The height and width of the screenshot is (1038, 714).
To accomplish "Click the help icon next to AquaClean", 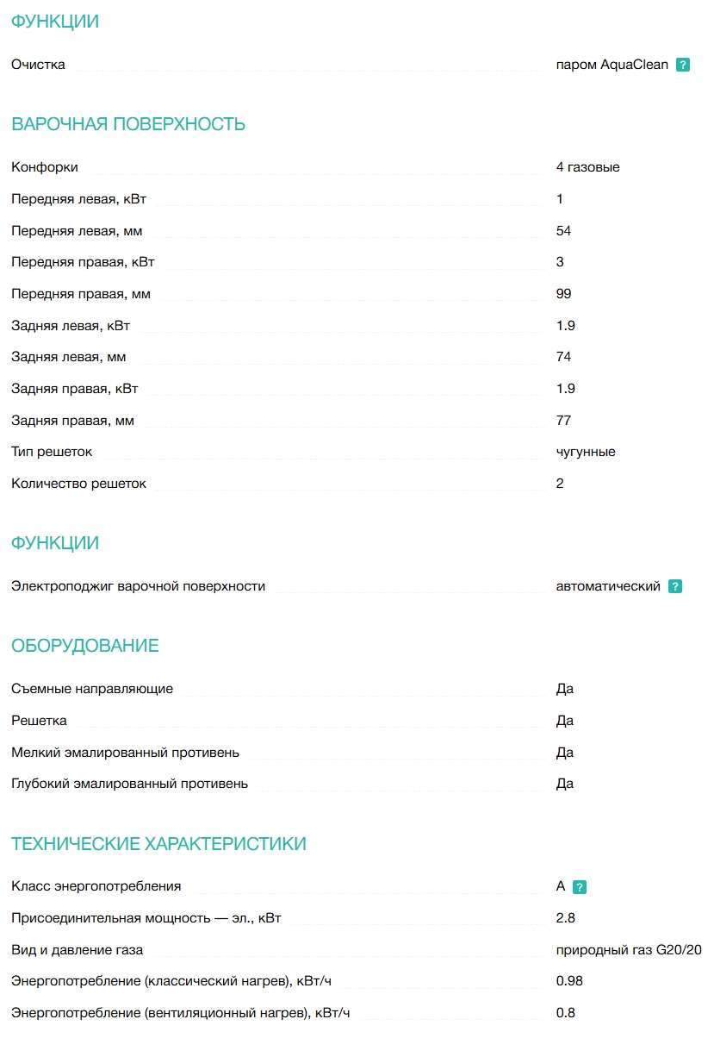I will coord(683,65).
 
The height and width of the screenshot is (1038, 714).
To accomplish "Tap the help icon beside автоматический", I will coord(675,586).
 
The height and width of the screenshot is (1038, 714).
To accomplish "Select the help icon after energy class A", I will coord(580,886).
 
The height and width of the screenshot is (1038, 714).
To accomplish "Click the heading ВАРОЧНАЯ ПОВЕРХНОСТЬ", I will coord(128,124).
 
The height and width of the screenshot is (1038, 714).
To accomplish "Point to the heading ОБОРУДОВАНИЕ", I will coord(85,646).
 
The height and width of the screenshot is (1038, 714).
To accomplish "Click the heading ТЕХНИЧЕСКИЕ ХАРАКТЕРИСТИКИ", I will coord(158,843).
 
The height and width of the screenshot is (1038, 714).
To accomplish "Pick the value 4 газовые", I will coord(587,167).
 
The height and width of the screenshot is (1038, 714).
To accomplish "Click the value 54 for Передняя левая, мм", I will coord(563,231).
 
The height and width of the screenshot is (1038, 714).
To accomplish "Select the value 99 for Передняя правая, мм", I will coord(563,294).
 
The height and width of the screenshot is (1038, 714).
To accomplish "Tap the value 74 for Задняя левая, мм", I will coord(563,357).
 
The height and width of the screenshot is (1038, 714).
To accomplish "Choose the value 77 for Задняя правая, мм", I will coord(563,421).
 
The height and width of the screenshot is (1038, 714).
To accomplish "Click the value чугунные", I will coord(586,452).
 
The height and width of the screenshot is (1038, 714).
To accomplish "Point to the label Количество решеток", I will coord(78,484).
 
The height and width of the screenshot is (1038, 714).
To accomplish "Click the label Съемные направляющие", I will coord(92,689).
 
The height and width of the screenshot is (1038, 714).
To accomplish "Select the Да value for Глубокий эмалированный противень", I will coord(565,784).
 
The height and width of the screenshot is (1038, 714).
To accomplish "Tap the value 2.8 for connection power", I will coord(565,918).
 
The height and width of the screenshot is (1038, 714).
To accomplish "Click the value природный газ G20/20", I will coord(629,950).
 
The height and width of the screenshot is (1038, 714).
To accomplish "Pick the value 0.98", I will coord(569,981).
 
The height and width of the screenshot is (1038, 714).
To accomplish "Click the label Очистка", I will coord(38,65).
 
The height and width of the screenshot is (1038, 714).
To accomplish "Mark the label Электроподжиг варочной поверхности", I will coord(138,586).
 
